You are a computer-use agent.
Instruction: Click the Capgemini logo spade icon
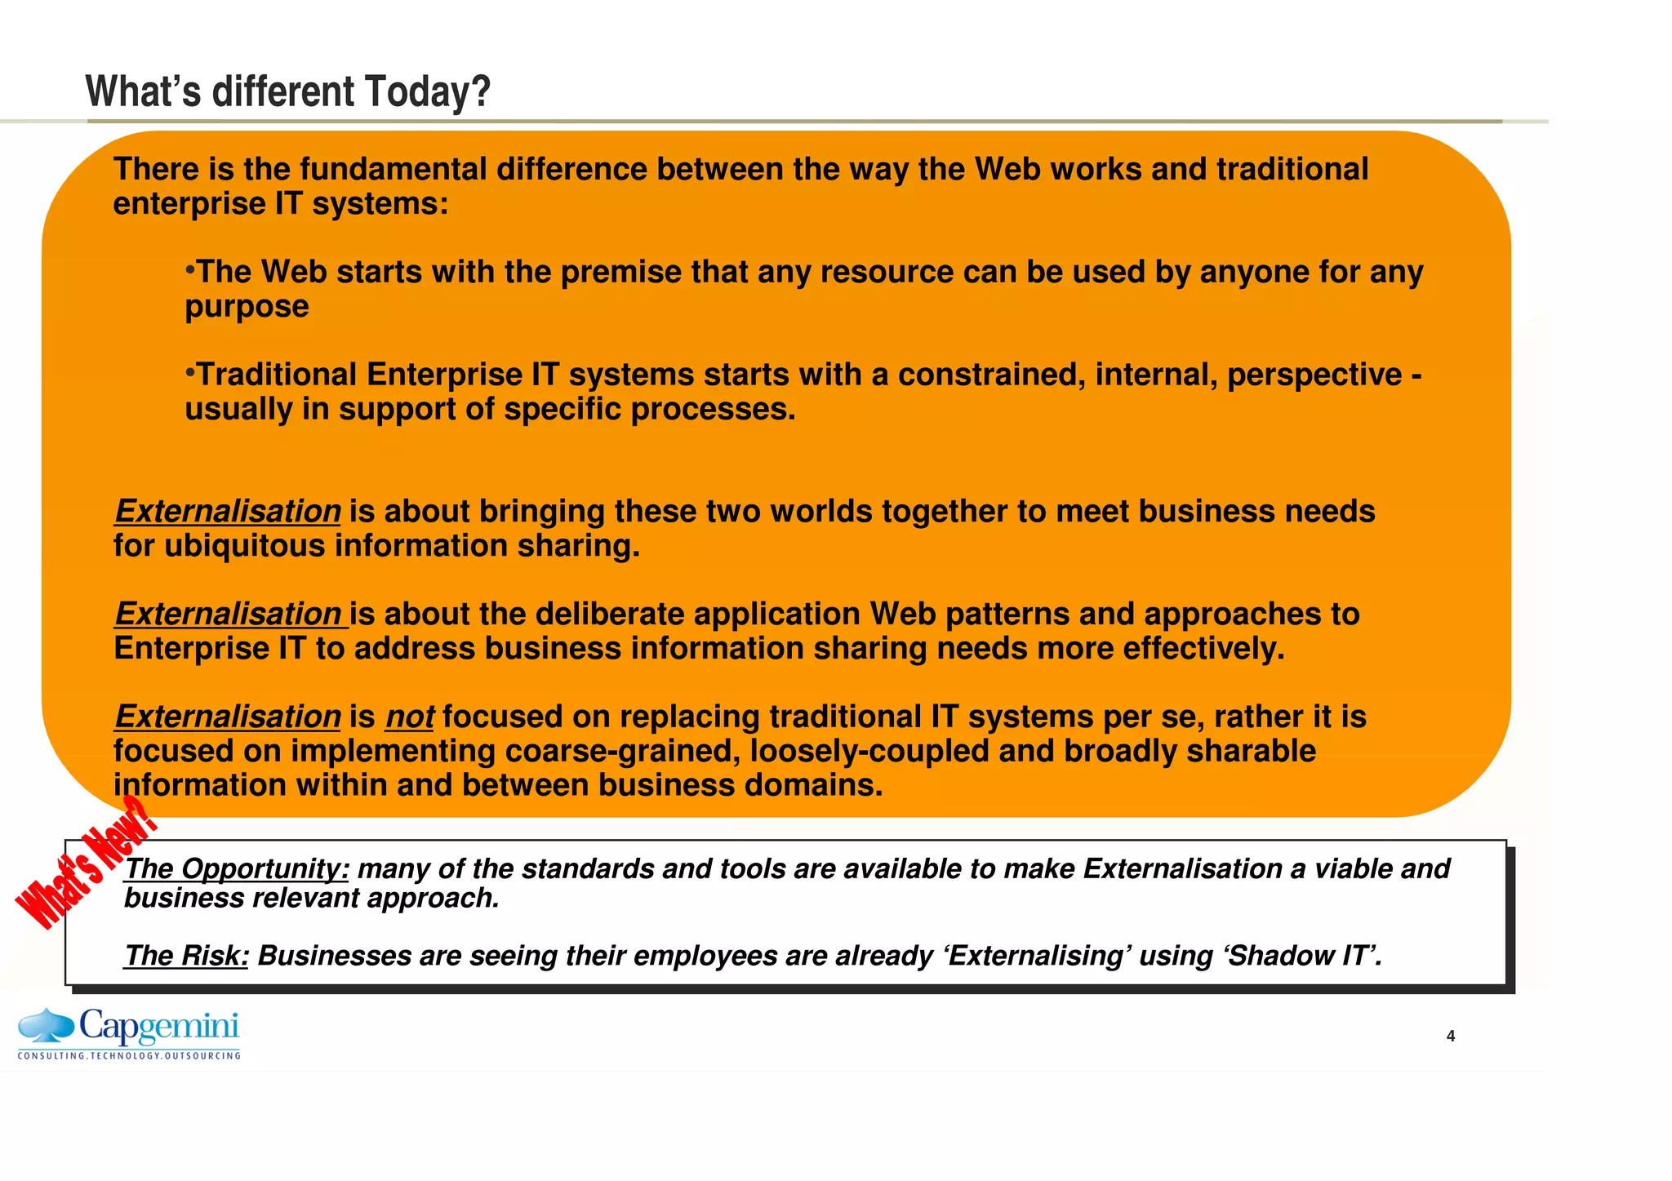click(47, 1025)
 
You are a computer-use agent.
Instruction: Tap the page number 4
click(1450, 1036)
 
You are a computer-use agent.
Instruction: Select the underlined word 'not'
click(409, 717)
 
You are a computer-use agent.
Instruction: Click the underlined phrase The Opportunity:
click(237, 868)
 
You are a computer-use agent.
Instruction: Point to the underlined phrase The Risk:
click(186, 955)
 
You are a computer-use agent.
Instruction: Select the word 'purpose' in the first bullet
click(247, 307)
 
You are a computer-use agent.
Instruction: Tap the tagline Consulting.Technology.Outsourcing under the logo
click(129, 1055)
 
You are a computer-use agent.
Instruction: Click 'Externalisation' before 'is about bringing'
click(228, 512)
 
